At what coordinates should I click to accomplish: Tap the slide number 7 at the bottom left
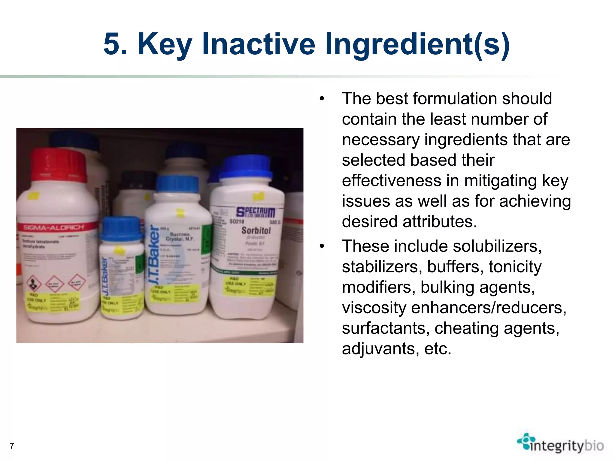(x=12, y=446)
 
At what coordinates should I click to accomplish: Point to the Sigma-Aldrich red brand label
(x=54, y=227)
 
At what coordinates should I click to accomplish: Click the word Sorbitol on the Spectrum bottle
(x=256, y=230)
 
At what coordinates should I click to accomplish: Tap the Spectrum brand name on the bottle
(x=256, y=212)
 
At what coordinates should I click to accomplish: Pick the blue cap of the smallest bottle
(x=121, y=229)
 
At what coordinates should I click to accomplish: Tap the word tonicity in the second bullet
(x=515, y=267)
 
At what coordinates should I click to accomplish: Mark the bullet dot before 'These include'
(x=322, y=246)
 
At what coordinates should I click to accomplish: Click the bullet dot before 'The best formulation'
(x=322, y=99)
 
